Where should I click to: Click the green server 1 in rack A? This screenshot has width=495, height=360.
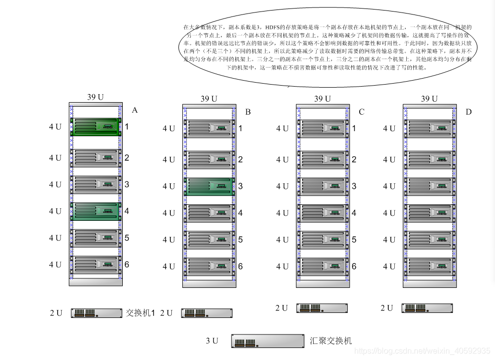pyautogui.click(x=96, y=127)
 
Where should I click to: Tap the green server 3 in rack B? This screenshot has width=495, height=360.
pyautogui.click(x=209, y=186)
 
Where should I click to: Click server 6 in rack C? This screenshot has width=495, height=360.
pyautogui.click(x=323, y=266)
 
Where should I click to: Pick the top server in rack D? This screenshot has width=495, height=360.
pyautogui.click(x=430, y=128)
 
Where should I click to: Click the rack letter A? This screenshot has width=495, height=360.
pyautogui.click(x=134, y=110)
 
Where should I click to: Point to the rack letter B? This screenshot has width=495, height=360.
pyautogui.click(x=248, y=112)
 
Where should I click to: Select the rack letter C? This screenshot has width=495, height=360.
pyautogui.click(x=361, y=112)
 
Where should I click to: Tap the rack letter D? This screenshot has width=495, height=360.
pyautogui.click(x=468, y=112)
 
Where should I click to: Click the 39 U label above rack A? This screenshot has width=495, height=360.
pyautogui.click(x=95, y=97)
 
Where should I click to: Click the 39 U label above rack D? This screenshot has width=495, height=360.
pyautogui.click(x=429, y=99)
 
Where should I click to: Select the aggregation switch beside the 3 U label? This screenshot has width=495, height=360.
pyautogui.click(x=268, y=341)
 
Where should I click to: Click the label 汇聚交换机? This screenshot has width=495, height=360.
pyautogui.click(x=331, y=341)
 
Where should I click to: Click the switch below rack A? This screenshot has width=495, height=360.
pyautogui.click(x=97, y=313)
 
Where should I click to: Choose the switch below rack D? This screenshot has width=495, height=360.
pyautogui.click(x=427, y=308)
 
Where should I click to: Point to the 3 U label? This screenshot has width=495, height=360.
pyautogui.click(x=212, y=341)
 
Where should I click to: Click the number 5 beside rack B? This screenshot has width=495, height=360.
pyautogui.click(x=240, y=240)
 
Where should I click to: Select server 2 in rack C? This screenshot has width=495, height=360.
pyautogui.click(x=323, y=160)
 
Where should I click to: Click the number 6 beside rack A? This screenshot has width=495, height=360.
pyautogui.click(x=127, y=264)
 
